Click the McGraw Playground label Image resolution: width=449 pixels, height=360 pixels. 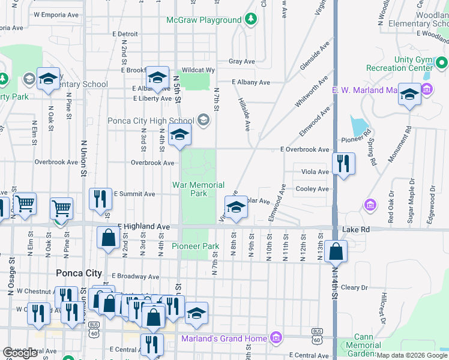pos(204,20)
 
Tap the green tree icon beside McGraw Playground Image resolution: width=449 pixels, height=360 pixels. pos(251,20)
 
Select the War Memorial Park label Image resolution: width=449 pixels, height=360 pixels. pos(199,189)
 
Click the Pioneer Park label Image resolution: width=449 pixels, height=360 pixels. pos(196,246)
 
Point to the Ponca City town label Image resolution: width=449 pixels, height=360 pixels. pos(79,273)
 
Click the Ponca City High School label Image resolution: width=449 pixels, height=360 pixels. pos(151,121)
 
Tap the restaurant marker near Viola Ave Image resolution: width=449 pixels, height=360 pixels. pos(343,164)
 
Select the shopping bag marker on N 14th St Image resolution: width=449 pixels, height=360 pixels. pos(336,251)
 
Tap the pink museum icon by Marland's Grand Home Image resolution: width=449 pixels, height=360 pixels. pos(276,338)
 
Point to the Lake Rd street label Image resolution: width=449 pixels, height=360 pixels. pos(354,230)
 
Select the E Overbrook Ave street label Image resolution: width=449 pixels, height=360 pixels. pos(304,149)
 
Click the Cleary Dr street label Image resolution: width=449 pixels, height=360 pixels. pos(354,287)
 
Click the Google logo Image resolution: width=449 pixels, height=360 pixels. pos(20,353)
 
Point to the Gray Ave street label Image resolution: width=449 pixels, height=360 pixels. pos(242,61)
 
